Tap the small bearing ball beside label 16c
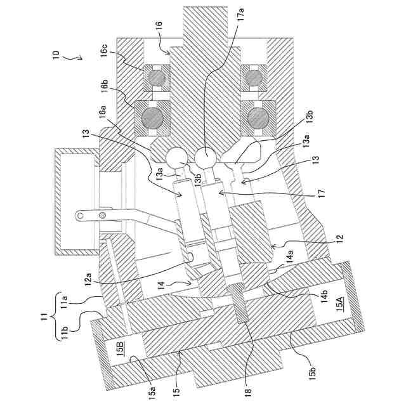(x=155, y=79)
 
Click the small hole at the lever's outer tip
(x=80, y=216)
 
